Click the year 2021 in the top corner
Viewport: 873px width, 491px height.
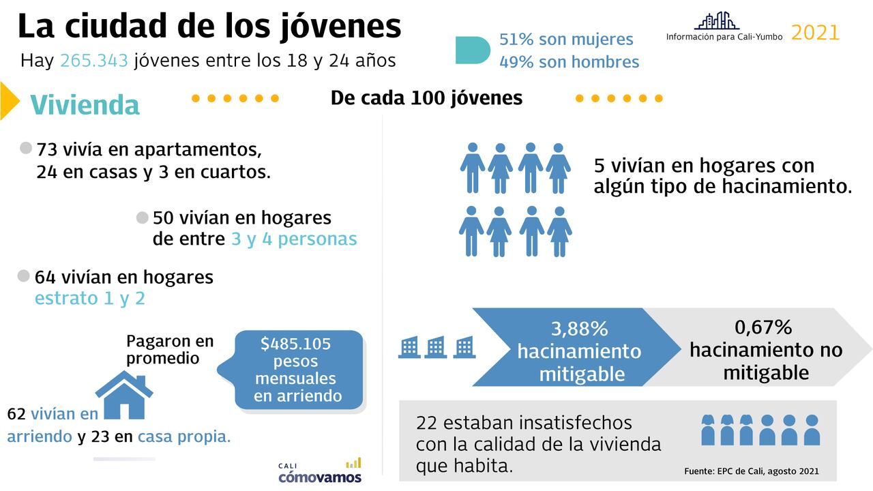[x=815, y=32]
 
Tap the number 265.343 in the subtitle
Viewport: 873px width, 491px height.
[x=94, y=61]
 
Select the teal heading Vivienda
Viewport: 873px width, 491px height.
[x=85, y=105]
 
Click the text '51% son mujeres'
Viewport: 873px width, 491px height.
[x=566, y=40]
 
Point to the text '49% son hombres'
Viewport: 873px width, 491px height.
[x=569, y=62]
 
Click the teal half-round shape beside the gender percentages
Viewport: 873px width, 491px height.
[x=473, y=50]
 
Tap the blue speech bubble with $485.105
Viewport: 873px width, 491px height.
[x=298, y=370]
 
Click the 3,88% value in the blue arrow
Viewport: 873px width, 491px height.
[x=579, y=329]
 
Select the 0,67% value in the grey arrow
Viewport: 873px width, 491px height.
[x=763, y=327]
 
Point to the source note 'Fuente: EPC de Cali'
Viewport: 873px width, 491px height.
[x=750, y=471]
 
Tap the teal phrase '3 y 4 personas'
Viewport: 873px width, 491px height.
[x=294, y=239]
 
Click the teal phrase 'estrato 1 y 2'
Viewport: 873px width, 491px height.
[x=89, y=299]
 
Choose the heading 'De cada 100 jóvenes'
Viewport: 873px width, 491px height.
[x=426, y=98]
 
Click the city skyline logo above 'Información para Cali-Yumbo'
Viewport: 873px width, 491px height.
[x=716, y=20]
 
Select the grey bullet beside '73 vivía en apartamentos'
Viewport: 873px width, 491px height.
[x=27, y=148]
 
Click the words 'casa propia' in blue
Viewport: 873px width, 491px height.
[x=183, y=437]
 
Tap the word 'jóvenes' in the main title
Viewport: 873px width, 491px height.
[x=340, y=27]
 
